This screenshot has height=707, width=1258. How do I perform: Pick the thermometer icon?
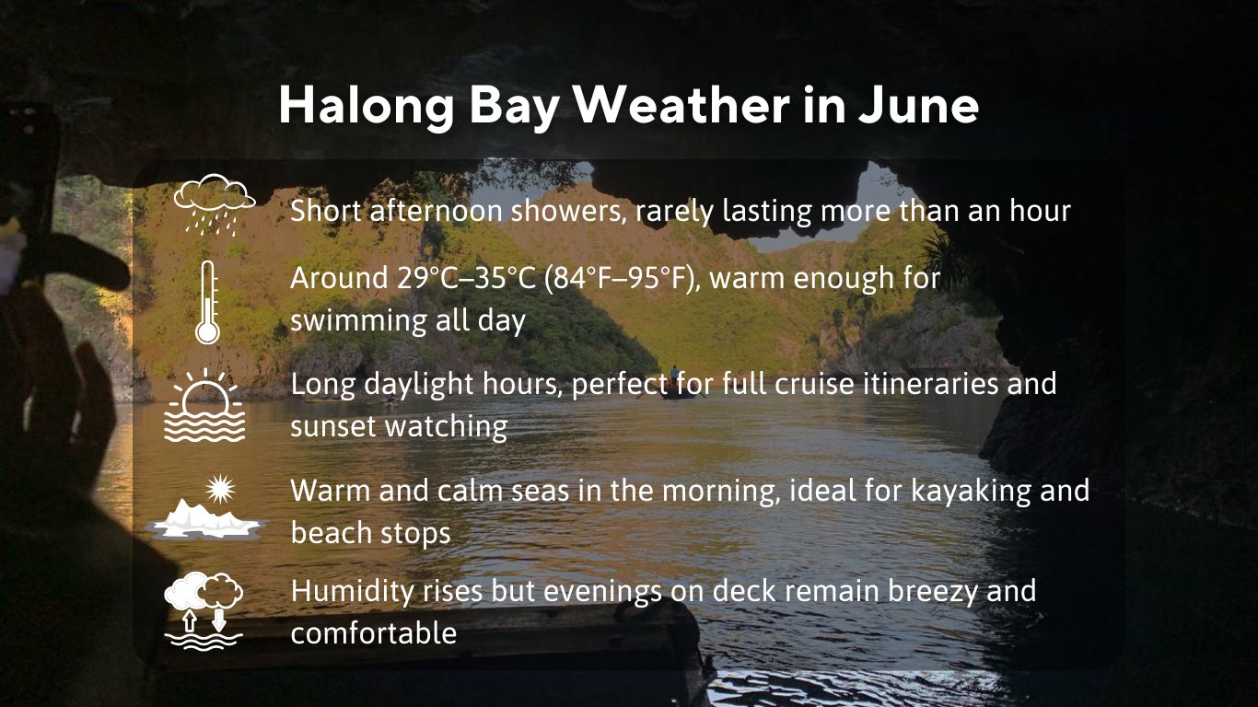point(208,302)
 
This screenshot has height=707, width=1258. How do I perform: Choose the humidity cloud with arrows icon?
point(204,610)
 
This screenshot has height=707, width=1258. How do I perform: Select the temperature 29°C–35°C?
point(467,277)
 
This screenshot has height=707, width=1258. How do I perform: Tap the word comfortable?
point(374,633)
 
